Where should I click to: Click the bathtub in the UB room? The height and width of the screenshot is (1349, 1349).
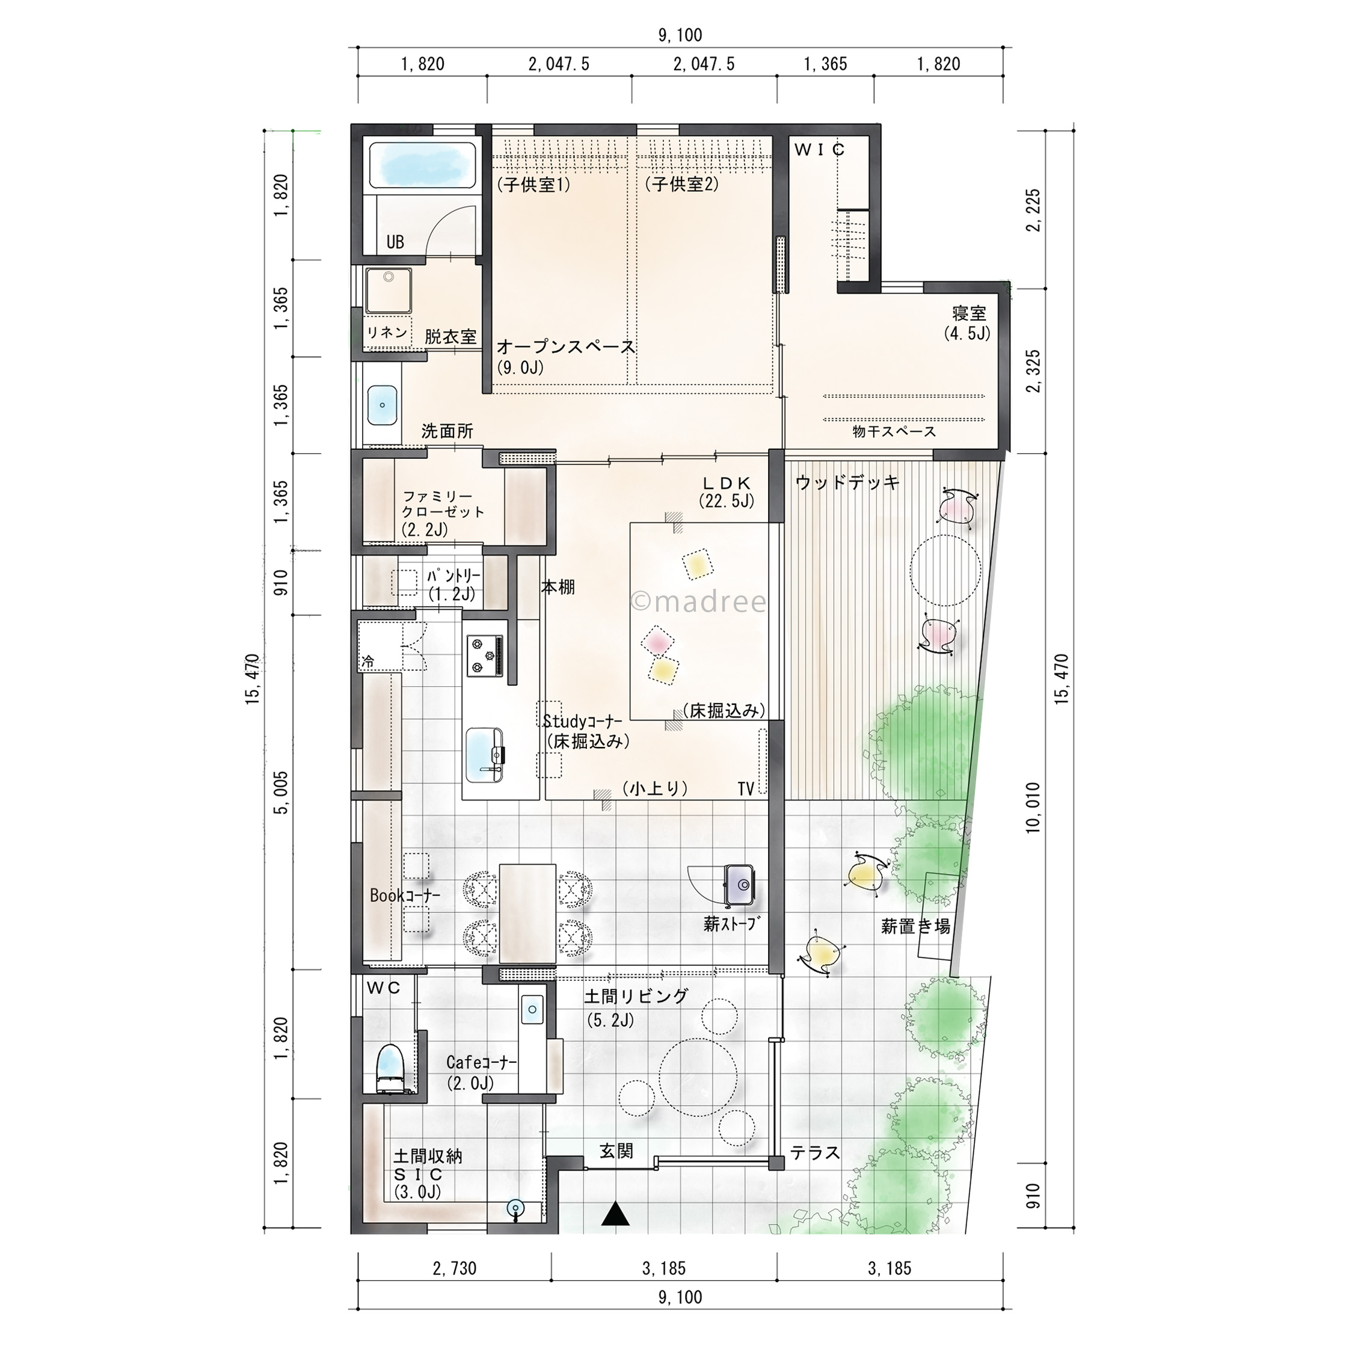pyautogui.click(x=423, y=165)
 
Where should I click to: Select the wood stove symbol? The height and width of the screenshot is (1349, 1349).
pyautogui.click(x=738, y=885)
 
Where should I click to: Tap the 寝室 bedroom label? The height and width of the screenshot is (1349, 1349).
pyautogui.click(x=969, y=313)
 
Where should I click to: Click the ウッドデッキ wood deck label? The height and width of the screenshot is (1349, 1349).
pyautogui.click(x=847, y=482)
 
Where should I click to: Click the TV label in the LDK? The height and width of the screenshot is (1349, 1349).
pyautogui.click(x=746, y=788)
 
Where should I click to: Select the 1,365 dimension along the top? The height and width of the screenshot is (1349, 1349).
pyautogui.click(x=825, y=64)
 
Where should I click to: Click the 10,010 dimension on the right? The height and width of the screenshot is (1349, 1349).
pyautogui.click(x=1033, y=807)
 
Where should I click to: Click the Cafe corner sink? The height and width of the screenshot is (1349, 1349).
pyautogui.click(x=532, y=1010)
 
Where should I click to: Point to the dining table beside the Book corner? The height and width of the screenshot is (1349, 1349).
pyautogui.click(x=527, y=914)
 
